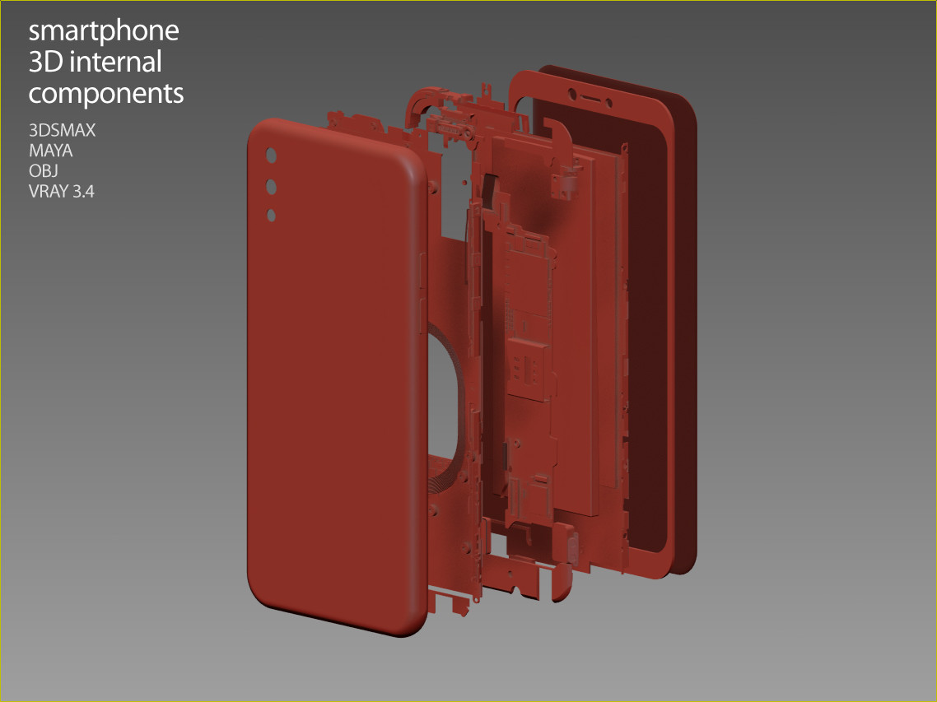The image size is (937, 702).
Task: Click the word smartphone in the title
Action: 104,31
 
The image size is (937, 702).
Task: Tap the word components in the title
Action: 106,93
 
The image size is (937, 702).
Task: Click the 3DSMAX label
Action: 62,130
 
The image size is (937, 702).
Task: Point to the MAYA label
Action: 51,151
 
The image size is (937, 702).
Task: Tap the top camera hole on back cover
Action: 271,156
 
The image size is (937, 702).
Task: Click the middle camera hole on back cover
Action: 271,188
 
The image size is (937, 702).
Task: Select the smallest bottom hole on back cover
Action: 271,216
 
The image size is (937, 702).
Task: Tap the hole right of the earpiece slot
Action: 608,105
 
